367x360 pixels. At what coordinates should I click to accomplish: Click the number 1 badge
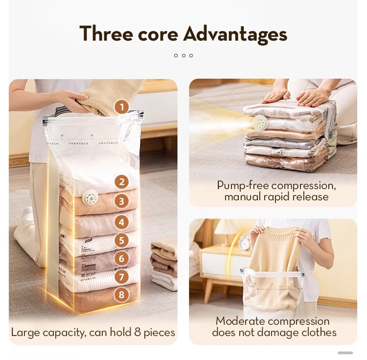[121, 107]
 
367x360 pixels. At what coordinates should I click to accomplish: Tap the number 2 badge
[121, 182]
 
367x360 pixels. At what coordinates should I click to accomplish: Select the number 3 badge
[121, 201]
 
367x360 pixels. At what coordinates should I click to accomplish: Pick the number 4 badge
[121, 221]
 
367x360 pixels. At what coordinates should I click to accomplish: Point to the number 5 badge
[121, 240]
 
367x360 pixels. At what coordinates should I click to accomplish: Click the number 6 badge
[121, 258]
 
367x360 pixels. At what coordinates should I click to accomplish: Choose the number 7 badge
[121, 277]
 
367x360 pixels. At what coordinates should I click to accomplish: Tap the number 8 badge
[121, 295]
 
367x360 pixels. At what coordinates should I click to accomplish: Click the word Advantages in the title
[235, 34]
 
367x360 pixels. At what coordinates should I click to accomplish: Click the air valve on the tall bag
[91, 198]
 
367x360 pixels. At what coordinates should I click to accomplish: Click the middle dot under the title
[183, 55]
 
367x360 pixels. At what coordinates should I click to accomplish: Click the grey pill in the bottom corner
[345, 353]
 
